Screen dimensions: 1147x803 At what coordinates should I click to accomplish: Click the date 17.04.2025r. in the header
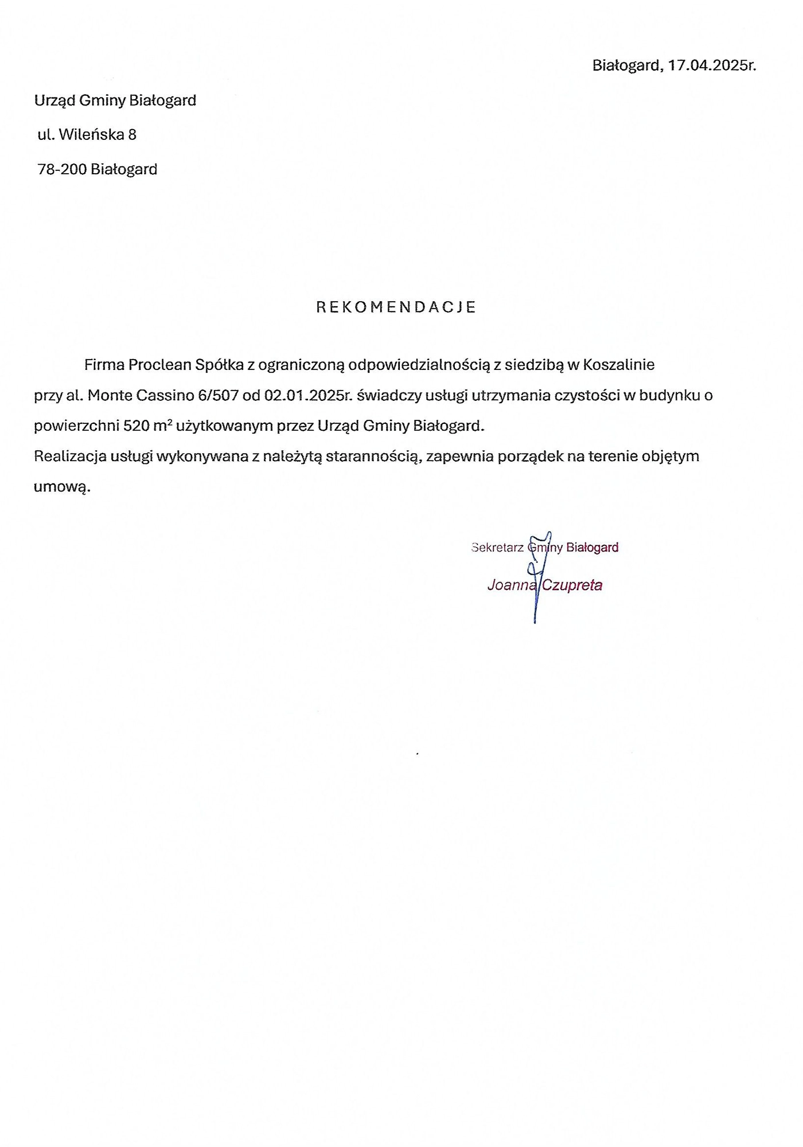point(712,65)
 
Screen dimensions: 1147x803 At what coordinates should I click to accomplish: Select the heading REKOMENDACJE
point(396,307)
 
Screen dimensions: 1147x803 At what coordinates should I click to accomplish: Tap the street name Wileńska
point(92,135)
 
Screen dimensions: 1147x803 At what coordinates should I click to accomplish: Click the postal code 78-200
point(61,170)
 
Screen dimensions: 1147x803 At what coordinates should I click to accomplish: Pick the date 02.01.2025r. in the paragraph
point(307,396)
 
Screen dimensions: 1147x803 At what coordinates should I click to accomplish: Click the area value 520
point(136,426)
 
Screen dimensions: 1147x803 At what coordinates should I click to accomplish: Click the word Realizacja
point(70,457)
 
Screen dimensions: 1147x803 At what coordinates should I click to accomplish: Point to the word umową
point(62,487)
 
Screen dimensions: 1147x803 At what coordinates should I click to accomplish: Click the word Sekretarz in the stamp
point(497,548)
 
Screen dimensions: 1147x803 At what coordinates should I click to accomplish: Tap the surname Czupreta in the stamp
point(572,586)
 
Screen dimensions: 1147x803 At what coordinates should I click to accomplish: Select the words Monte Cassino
point(140,396)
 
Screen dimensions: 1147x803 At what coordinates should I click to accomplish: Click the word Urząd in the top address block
point(54,101)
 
